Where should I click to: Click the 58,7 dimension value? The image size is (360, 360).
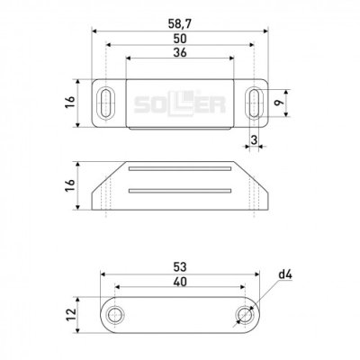click(x=179, y=24)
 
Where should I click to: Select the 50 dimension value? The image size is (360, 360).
click(x=180, y=39)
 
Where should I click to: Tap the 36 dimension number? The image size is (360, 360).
click(x=180, y=52)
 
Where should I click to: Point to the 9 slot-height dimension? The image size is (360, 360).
click(x=280, y=103)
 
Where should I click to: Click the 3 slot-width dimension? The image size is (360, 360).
click(x=254, y=139)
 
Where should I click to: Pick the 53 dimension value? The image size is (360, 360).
click(x=180, y=266)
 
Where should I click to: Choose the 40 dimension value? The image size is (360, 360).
click(x=180, y=282)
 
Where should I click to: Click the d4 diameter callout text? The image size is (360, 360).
click(x=285, y=274)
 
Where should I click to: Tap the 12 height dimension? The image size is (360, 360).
click(x=71, y=315)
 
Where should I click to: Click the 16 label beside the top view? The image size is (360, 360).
click(x=69, y=103)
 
